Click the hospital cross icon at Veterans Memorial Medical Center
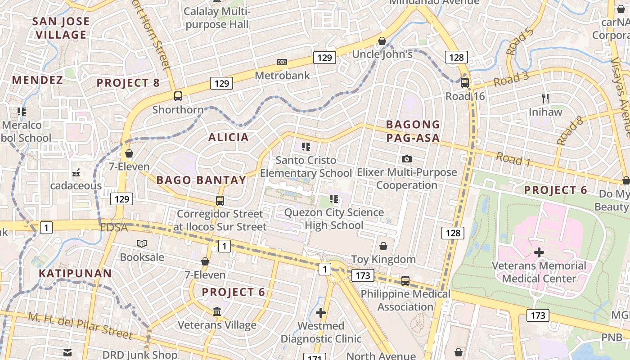[539, 252]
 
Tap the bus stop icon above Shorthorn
[178, 96]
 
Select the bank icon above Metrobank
[282, 62]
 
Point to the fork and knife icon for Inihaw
[545, 98]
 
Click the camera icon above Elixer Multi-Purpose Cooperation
[407, 159]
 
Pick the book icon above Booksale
[142, 243]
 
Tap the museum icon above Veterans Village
[217, 311]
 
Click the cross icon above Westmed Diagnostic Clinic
[321, 312]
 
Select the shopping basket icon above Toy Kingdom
[383, 246]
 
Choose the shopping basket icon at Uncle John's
[382, 41]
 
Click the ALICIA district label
[228, 137]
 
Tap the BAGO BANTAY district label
[201, 180]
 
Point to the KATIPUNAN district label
[75, 273]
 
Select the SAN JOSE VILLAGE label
[61, 28]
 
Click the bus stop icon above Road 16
[465, 82]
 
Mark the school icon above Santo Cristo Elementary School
[306, 146]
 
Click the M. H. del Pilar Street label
[81, 326]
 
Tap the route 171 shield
[315, 357]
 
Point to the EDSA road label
[114, 228]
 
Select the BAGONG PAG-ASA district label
[413, 131]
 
